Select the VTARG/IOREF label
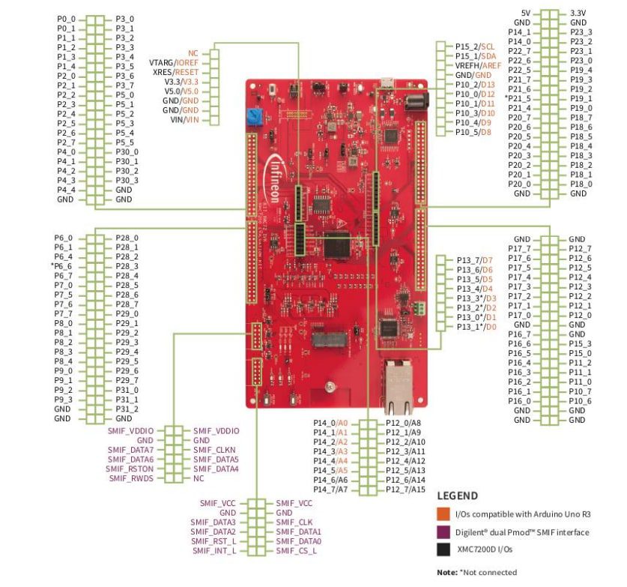pyautogui.click(x=174, y=63)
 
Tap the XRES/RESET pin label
pyautogui.click(x=175, y=72)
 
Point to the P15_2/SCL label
pyautogui.click(x=475, y=46)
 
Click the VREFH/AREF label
pyautogui.click(x=478, y=66)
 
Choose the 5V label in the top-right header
pyautogui.click(x=526, y=13)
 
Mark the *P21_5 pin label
pyautogui.click(x=518, y=99)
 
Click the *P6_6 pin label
pyautogui.click(x=62, y=266)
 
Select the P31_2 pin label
pyautogui.click(x=127, y=409)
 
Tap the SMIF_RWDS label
pyautogui.click(x=131, y=478)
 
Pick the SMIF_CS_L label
pyautogui.click(x=296, y=550)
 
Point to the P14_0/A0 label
pyautogui.click(x=330, y=423)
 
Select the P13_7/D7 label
pyautogui.click(x=473, y=259)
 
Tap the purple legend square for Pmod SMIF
pyautogui.click(x=443, y=532)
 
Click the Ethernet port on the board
pyautogui.click(x=398, y=386)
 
